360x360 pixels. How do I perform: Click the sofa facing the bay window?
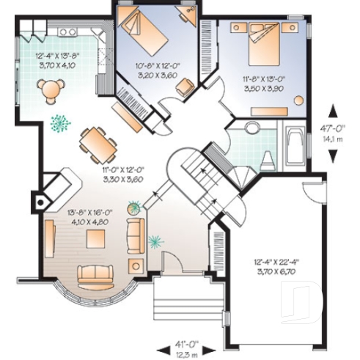(96, 274)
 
